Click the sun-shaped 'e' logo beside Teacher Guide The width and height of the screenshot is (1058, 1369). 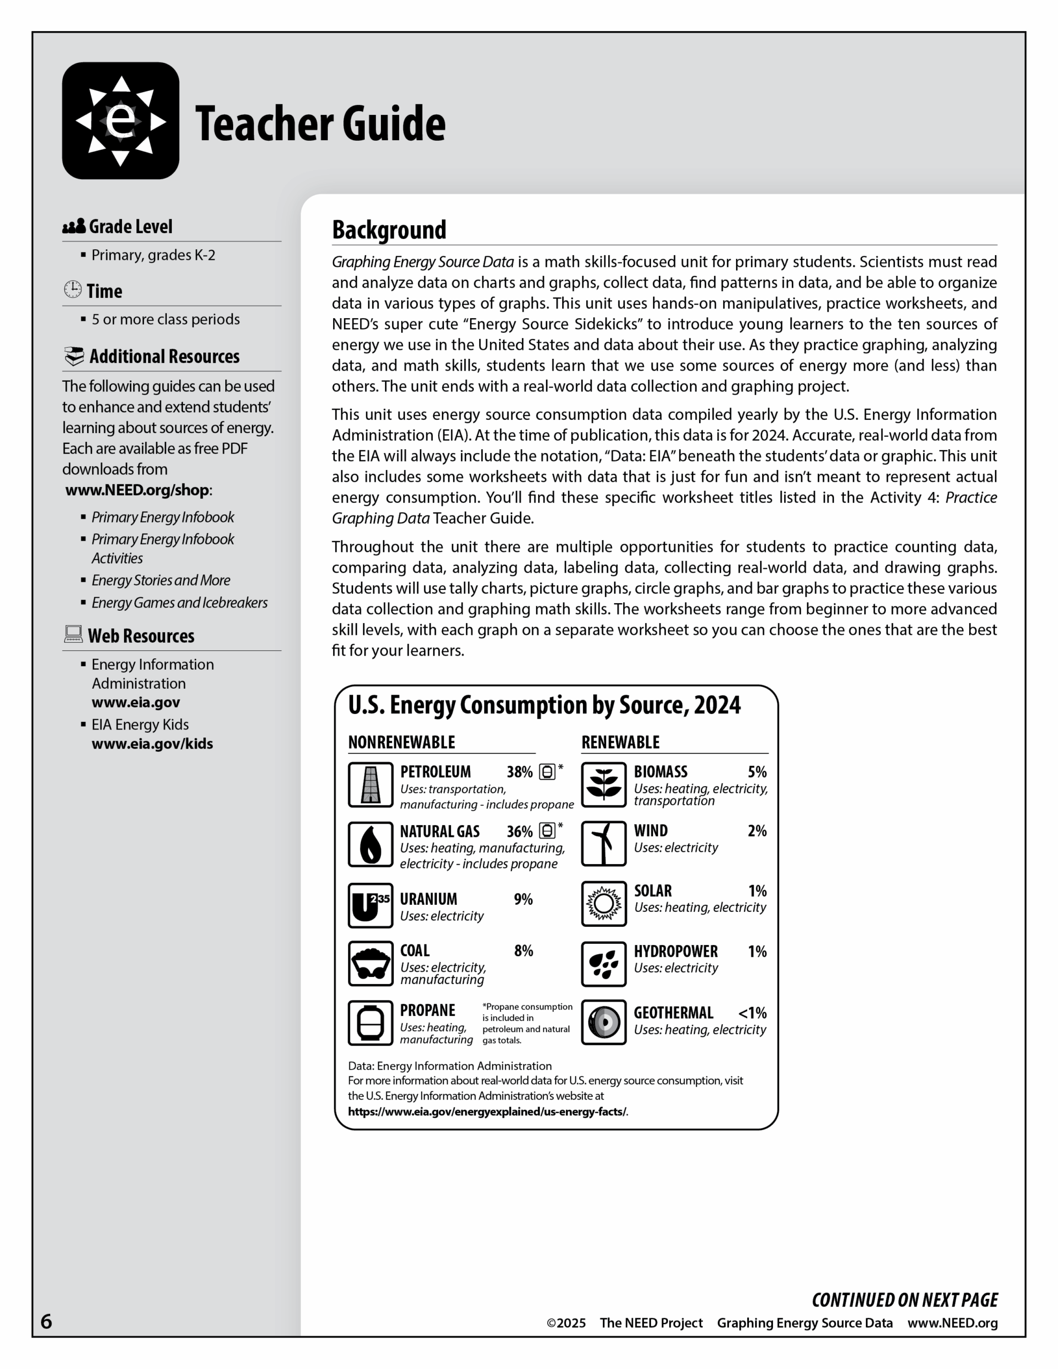pos(120,120)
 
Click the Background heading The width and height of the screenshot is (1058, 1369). pos(389,230)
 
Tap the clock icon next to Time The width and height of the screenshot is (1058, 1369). pos(73,290)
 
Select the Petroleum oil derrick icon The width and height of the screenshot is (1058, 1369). pos(371,785)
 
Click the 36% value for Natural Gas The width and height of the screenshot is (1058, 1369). pos(519,832)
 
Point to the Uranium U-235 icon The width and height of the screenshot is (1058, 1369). pos(371,905)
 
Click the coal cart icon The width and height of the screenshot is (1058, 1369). pos(371,964)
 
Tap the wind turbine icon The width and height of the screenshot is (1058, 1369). pos(603,844)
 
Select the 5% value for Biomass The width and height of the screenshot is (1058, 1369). pos(757,772)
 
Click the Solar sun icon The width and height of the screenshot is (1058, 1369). pos(603,903)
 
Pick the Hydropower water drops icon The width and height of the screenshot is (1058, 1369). pos(603,964)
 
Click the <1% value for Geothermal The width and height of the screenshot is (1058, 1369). pos(752,1013)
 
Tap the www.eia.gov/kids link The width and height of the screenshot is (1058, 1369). pos(152,744)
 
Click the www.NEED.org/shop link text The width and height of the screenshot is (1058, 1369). pos(137,490)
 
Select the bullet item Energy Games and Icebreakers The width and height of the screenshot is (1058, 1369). pos(179,602)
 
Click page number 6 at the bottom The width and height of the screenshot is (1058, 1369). pos(47,1321)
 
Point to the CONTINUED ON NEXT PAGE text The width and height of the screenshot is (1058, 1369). pos(904,1300)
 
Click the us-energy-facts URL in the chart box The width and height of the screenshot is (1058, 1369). pos(487,1111)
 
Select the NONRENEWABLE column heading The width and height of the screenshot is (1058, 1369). pos(401,742)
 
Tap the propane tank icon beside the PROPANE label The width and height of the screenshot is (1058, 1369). pos(371,1023)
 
